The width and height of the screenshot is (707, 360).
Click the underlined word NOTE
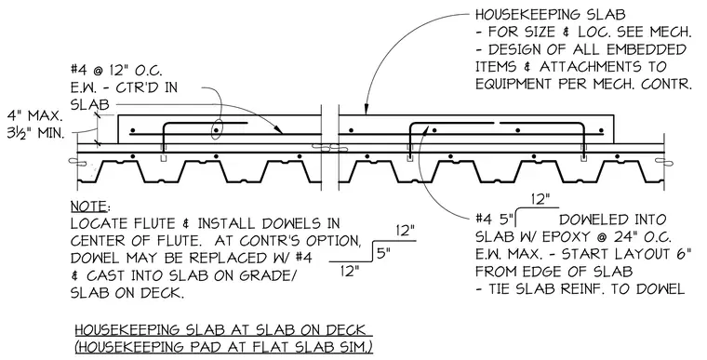[x=89, y=207]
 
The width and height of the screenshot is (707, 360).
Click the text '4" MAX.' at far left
[x=34, y=116]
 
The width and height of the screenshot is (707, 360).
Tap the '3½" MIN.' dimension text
[x=35, y=134]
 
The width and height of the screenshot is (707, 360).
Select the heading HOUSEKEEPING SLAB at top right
[x=551, y=15]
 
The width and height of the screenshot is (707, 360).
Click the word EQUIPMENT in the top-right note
[x=514, y=84]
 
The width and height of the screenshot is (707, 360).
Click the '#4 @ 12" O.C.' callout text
[x=116, y=70]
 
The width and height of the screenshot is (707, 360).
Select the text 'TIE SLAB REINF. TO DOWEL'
[x=586, y=288]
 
